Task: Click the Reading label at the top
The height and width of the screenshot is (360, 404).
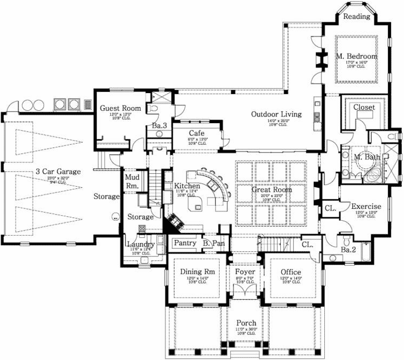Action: pos(357,17)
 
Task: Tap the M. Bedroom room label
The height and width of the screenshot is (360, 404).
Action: pos(356,57)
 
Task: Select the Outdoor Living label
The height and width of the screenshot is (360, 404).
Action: pos(276,114)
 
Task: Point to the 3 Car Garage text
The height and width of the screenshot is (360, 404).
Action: pos(58,172)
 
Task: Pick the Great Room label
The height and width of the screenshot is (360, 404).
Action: pos(272,189)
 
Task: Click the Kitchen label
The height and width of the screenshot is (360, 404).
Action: pos(187,186)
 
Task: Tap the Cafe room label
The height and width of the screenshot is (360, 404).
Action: pos(196,133)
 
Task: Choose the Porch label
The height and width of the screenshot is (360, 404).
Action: pos(246,323)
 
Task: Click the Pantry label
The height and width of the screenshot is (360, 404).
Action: pos(184,243)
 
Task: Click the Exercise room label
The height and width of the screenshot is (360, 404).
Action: pos(366,207)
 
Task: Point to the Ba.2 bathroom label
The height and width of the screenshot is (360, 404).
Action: pos(348,249)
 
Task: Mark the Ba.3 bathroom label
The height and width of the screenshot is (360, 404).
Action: pos(158,127)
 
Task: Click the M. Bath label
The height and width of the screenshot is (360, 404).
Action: pos(367,158)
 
